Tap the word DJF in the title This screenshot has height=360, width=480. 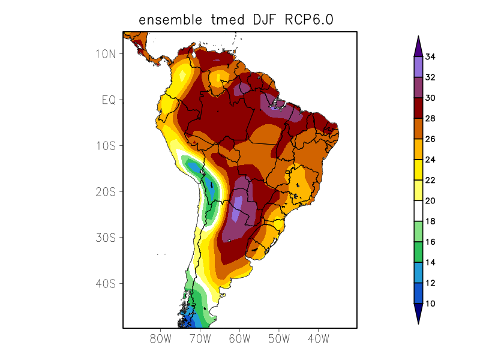point(259,20)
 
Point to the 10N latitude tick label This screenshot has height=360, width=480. point(106,54)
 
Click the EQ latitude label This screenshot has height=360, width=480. point(109,100)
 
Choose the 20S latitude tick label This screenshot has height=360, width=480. point(106,192)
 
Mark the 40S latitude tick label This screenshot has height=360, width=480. point(106,284)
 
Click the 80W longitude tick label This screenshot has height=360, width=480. point(161,339)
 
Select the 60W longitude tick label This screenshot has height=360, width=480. point(239,339)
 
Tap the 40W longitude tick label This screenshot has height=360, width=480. point(318,339)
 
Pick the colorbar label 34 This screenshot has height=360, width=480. point(430,57)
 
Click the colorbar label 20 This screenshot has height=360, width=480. point(430,201)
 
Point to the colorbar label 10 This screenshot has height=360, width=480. point(430,304)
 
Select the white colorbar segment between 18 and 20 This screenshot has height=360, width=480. point(418,211)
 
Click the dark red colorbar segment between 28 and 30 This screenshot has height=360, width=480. point(418,109)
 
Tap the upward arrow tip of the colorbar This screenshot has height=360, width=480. point(418,38)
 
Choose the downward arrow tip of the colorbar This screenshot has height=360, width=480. point(418,322)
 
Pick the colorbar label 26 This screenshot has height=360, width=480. point(430,139)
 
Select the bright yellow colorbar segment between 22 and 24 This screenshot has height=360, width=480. point(418,170)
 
